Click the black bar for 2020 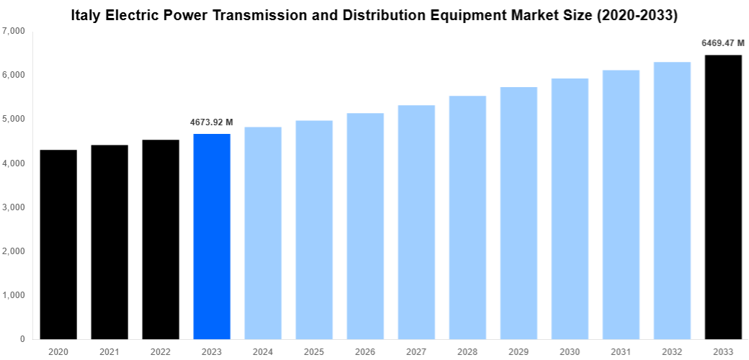coord(58,245)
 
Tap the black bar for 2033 coord(723,197)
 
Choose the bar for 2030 coord(570,209)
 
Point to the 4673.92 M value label coord(212,122)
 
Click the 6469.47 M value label coord(723,43)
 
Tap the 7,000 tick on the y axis coord(14,31)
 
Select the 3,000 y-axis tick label coord(14,207)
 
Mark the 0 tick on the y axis coord(22,339)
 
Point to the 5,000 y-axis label coord(14,119)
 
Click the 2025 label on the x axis coord(314,351)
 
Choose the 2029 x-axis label coord(519,351)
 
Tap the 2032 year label coord(672,351)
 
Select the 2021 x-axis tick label coord(109,351)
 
